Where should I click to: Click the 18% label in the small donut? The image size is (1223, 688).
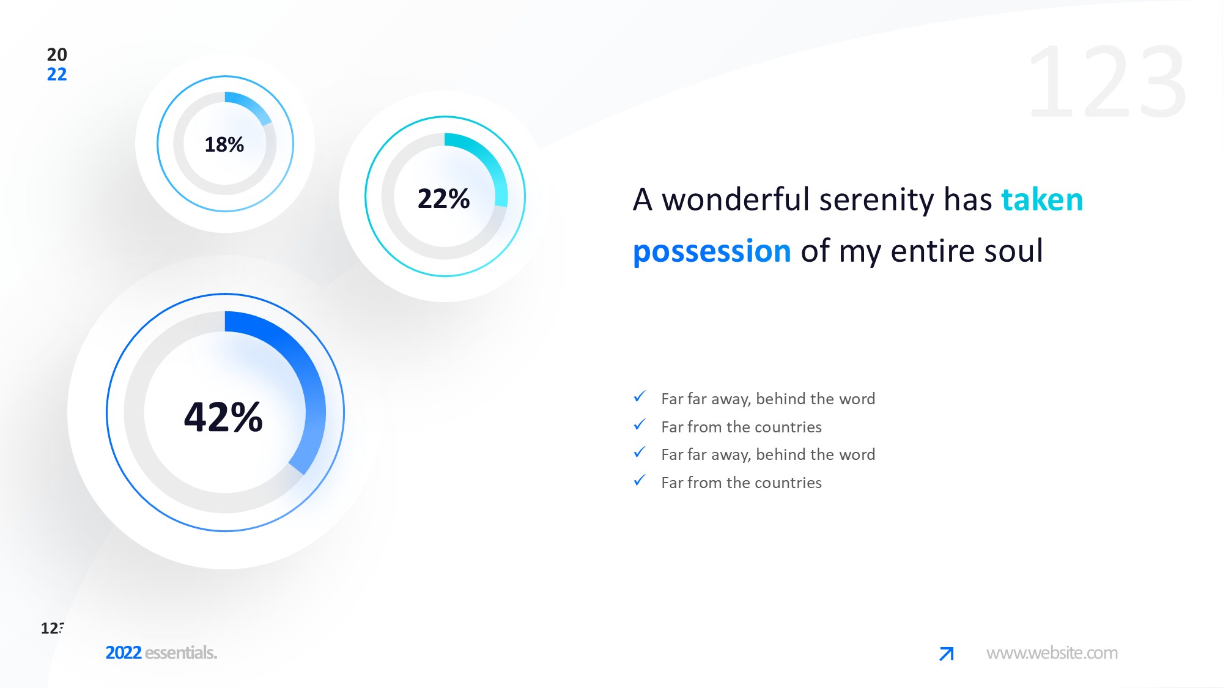coord(224,145)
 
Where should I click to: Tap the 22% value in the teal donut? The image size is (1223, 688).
coord(443,199)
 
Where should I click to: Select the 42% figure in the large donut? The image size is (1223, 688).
coord(223,417)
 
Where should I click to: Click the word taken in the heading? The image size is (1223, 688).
coord(1042,199)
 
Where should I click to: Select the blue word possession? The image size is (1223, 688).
coord(712,251)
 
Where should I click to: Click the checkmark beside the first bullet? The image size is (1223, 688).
coord(640,397)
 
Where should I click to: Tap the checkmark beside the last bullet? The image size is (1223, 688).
coord(640,481)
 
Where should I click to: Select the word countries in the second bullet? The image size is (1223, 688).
coord(788,427)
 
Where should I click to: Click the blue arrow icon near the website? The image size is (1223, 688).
coord(947,654)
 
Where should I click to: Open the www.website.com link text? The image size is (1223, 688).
coord(1052,653)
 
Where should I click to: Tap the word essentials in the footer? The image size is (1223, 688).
coord(180,653)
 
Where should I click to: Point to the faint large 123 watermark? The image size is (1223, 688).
coord(1107,81)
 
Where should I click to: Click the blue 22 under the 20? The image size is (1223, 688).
coord(57,75)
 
